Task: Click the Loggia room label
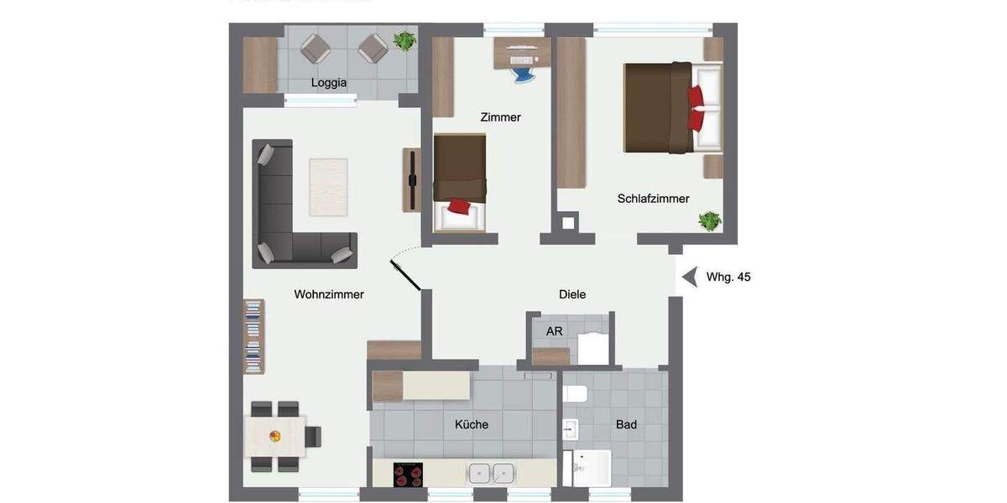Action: coord(328,82)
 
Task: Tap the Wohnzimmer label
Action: coord(329,294)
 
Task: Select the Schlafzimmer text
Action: coord(653,199)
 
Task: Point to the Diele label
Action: coord(572,294)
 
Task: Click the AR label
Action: coord(554,331)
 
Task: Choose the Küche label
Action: coord(472,424)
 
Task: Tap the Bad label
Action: coord(626,424)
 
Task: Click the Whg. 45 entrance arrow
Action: coord(690,277)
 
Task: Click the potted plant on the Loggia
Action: coord(404,40)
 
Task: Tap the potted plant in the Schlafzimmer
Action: coord(710,221)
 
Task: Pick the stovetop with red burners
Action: coord(409,474)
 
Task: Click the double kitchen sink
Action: coord(491,474)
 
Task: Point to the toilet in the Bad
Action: coord(576,392)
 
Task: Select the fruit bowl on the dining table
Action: coord(274,436)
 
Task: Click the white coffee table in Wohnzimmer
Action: coord(328,187)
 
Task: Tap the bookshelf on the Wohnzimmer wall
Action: coord(253,336)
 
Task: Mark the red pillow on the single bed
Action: coord(458,206)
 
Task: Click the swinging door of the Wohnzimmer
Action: coord(405,275)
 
